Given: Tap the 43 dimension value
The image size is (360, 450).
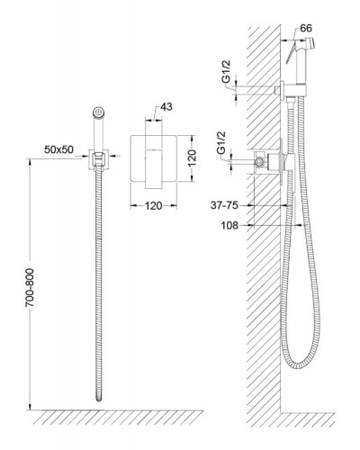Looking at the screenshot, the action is (166, 107).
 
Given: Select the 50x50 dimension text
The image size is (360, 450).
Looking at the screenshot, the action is (58, 149).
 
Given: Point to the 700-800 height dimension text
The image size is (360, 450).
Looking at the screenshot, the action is (30, 287).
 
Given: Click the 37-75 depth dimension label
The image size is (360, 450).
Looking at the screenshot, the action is (224, 205).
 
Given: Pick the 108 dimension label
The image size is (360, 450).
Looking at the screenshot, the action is (229, 225).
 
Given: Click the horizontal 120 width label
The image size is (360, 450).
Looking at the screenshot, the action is (154, 206).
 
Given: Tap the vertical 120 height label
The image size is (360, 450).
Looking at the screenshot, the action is (192, 158).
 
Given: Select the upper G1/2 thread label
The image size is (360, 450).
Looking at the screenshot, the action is (226, 71).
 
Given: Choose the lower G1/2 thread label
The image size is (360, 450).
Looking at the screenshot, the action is (222, 143).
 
